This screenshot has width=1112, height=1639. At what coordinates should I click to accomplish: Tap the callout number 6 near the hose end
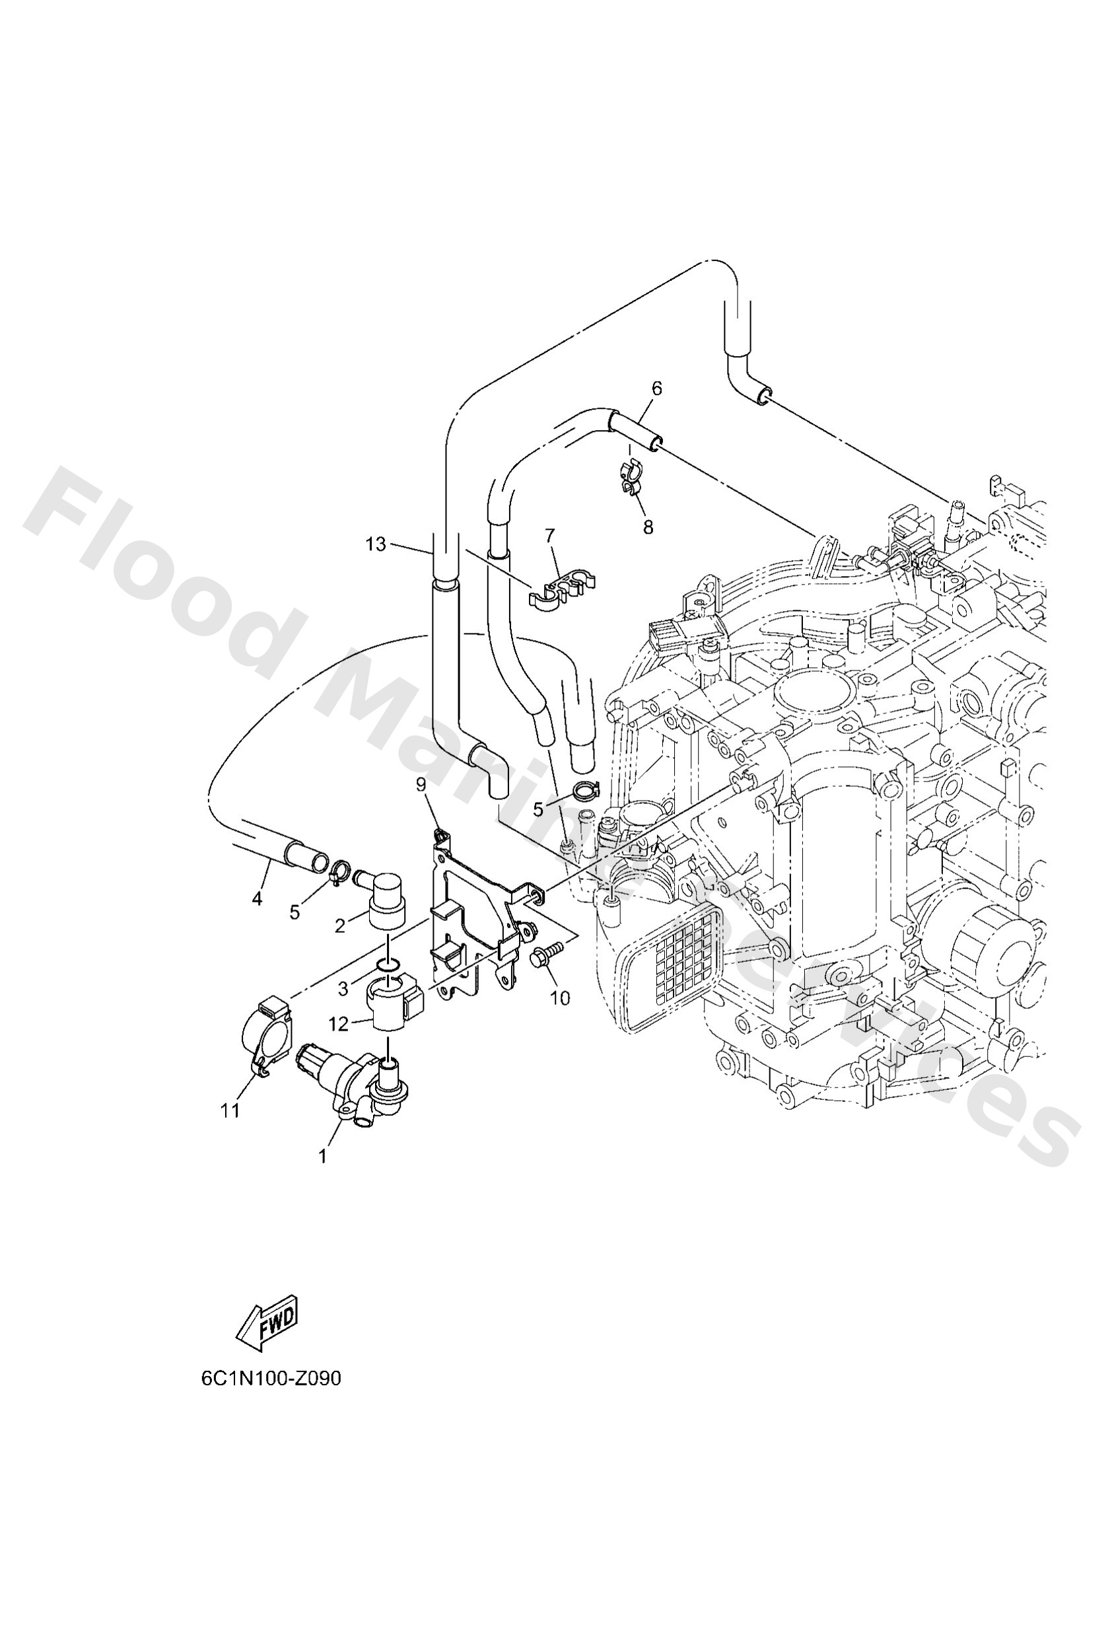[656, 388]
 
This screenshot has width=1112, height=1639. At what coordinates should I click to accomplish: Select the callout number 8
[648, 527]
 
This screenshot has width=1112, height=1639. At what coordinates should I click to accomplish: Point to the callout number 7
[551, 535]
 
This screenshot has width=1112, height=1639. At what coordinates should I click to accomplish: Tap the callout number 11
[230, 1111]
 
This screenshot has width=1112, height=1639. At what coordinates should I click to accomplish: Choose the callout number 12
[339, 1023]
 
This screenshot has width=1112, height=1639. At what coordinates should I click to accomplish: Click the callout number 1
[323, 1157]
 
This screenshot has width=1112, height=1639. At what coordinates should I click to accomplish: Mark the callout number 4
[257, 899]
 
